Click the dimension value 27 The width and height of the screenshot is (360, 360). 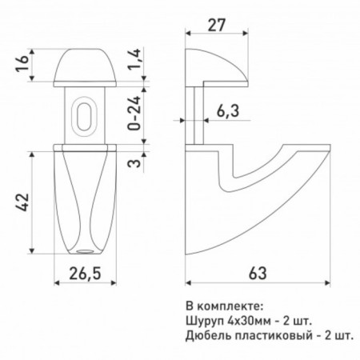pos(217,25)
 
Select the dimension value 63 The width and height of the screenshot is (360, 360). pos(258,274)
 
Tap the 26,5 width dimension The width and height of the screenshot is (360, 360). pos(85,274)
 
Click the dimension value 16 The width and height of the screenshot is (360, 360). pos(22,63)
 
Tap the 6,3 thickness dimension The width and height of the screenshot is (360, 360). pos(228,111)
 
